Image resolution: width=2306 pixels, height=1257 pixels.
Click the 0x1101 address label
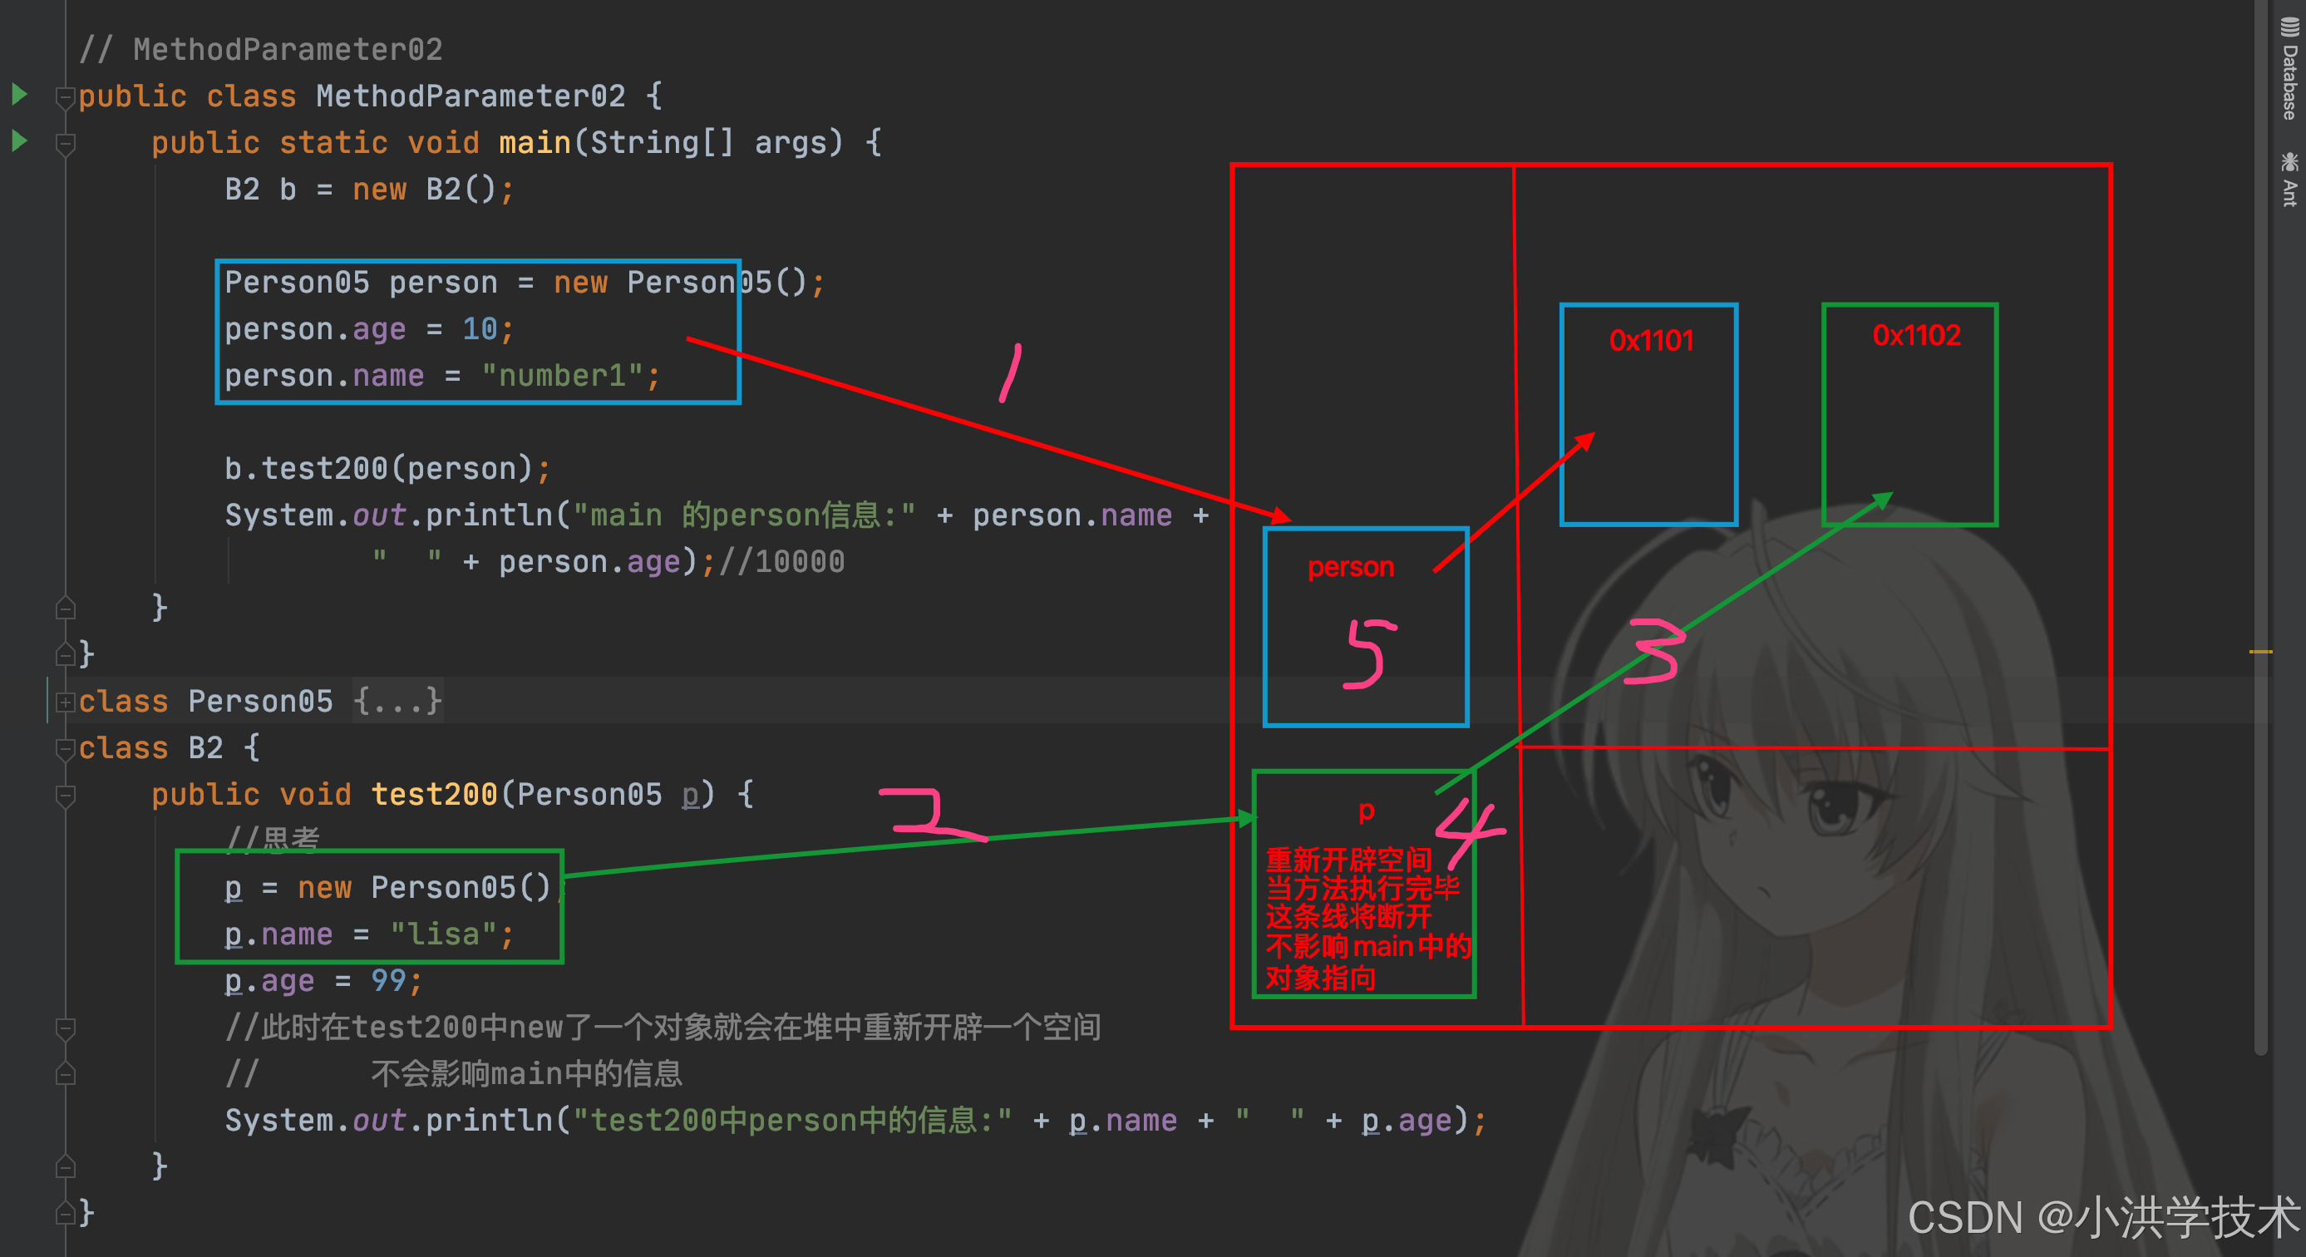click(1651, 341)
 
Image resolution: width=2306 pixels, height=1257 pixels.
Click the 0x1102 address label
click(1917, 336)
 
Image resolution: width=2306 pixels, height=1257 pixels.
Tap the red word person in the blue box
click(1351, 568)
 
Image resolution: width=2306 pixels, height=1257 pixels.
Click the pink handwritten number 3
click(1656, 651)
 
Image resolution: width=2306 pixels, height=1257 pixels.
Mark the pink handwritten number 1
click(1011, 372)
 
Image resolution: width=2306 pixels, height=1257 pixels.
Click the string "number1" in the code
click(562, 376)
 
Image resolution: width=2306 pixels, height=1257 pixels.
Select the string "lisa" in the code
click(444, 934)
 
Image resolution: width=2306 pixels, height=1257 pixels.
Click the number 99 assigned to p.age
click(388, 981)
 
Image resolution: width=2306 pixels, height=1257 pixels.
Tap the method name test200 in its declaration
click(434, 795)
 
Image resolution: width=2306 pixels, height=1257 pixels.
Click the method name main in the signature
click(535, 143)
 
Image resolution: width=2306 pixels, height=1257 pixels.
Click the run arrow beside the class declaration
click(20, 94)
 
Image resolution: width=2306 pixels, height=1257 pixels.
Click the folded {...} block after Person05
click(397, 701)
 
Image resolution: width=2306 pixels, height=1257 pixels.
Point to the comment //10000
click(781, 562)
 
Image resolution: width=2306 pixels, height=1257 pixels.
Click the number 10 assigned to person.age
click(480, 329)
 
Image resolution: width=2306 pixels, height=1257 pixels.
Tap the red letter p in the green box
click(1366, 811)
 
